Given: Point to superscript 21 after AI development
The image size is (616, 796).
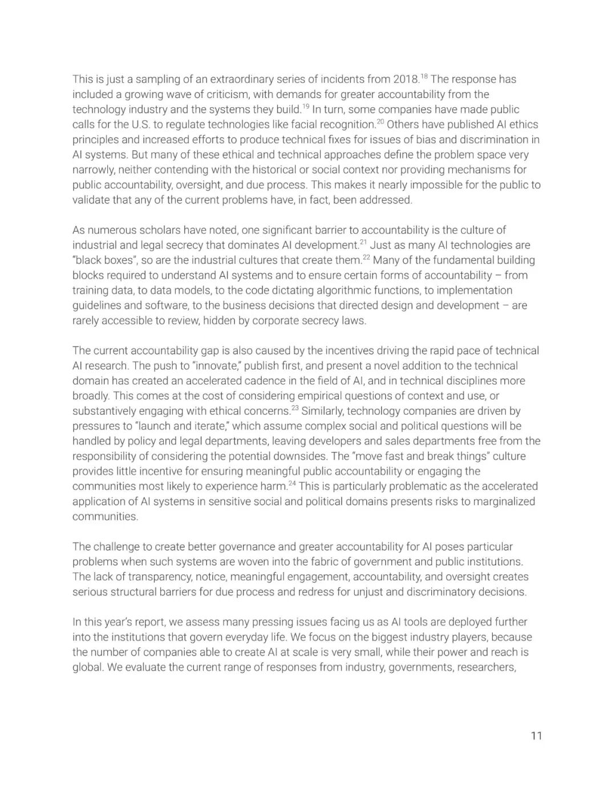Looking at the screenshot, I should tap(363, 242).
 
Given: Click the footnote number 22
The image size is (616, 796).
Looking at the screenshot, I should tap(366, 258).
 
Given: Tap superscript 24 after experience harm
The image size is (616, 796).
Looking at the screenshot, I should tap(292, 484).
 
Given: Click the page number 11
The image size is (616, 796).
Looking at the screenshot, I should tap(536, 736).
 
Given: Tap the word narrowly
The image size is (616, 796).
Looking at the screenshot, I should tap(92, 170).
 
